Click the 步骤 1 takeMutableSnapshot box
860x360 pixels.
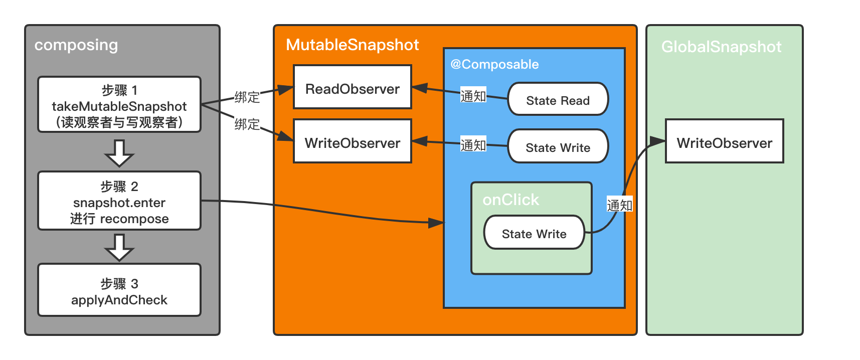(119, 104)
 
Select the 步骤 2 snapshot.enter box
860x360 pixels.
(119, 201)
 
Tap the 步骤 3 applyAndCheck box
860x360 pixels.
(119, 290)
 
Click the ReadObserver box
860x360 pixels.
(353, 87)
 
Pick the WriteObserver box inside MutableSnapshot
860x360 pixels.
(353, 141)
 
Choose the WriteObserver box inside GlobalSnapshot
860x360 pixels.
(725, 141)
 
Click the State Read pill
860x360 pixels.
(558, 99)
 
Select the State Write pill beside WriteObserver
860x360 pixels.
(558, 146)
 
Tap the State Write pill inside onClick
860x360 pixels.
(534, 232)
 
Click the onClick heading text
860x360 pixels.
(510, 200)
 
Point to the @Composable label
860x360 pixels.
(494, 64)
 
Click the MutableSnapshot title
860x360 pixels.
(352, 45)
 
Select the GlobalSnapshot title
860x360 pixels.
(721, 47)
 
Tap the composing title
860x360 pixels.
(76, 45)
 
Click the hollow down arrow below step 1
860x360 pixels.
(119, 153)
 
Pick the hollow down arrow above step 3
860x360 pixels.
(119, 247)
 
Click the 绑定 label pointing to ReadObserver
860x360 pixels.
(247, 97)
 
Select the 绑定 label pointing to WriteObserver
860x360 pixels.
(247, 124)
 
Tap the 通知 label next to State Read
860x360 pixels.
(473, 95)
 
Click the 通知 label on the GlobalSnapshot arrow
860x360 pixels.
(620, 205)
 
